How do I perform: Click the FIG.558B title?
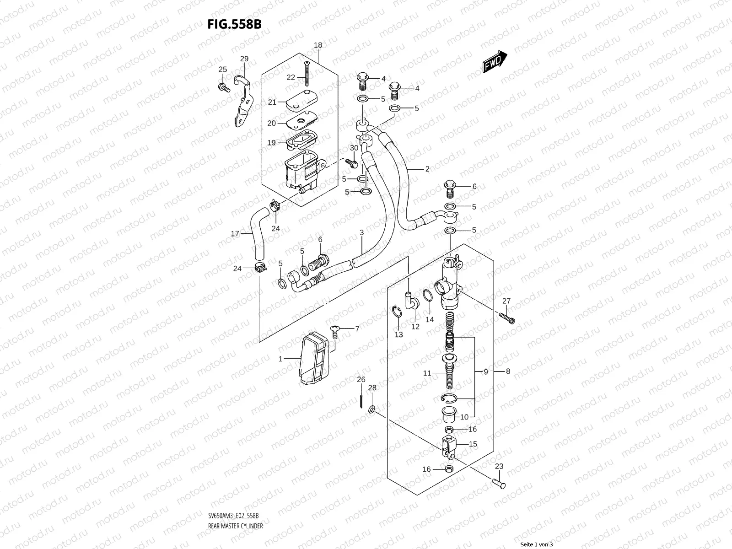(x=234, y=24)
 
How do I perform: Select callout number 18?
(x=318, y=45)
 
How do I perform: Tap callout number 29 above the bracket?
(x=244, y=59)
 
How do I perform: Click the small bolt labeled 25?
(x=225, y=86)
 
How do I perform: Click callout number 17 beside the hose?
(x=235, y=234)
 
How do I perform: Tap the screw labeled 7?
(x=334, y=330)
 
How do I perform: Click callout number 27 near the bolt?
(x=506, y=301)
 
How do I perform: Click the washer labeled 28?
(x=372, y=408)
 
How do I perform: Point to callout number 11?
(x=427, y=373)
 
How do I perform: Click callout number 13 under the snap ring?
(x=399, y=334)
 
